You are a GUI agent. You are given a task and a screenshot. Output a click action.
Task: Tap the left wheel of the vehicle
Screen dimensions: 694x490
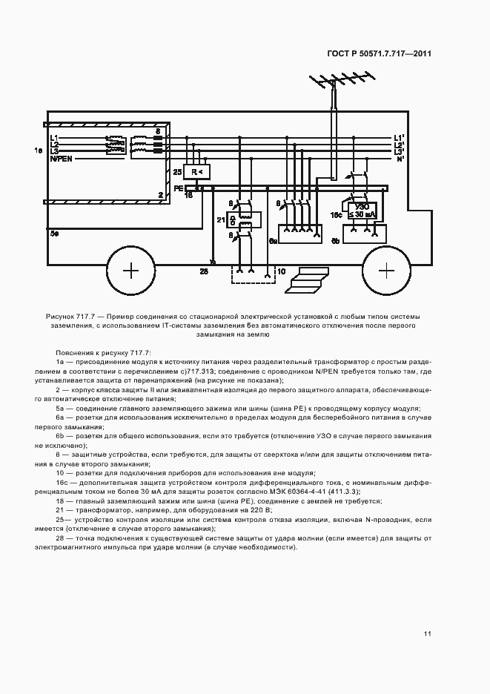130,271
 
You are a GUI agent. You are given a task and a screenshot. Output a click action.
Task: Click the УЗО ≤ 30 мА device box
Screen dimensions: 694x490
362,210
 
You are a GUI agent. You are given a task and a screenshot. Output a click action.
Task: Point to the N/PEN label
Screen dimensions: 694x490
62,159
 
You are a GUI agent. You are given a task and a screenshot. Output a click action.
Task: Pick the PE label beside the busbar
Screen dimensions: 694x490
178,189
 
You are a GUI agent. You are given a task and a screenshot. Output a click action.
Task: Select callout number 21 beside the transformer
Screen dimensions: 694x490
221,219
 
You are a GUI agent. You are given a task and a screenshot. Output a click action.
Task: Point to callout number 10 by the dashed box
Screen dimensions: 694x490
281,272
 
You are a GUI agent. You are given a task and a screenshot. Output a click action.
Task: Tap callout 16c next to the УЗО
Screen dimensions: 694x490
336,214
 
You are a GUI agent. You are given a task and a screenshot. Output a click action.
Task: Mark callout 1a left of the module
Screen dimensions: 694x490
39,151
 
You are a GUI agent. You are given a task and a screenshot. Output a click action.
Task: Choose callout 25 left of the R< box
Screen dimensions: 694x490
177,172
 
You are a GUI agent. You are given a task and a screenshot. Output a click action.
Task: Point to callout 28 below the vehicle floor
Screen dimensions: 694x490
203,272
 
